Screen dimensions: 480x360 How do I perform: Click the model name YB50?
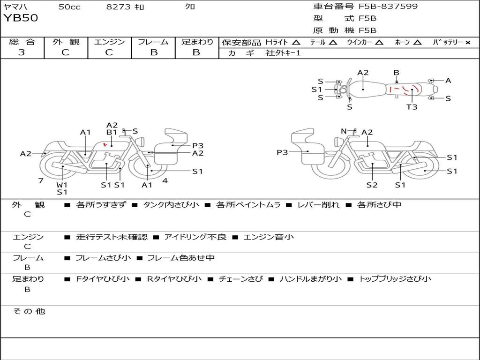click(21, 18)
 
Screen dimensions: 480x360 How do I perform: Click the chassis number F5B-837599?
click(388, 7)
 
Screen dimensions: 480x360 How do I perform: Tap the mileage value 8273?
click(119, 7)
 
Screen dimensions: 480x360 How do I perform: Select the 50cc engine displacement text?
click(69, 7)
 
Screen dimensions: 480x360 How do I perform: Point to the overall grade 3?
click(22, 52)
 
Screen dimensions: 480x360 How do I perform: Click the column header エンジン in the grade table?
click(109, 42)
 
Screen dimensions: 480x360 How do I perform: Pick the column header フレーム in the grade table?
click(153, 42)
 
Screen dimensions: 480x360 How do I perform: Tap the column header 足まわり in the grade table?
click(197, 42)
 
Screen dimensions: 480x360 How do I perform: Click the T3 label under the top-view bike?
click(412, 107)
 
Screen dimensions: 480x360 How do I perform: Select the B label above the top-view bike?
click(396, 73)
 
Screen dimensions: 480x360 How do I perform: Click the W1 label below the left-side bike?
click(62, 185)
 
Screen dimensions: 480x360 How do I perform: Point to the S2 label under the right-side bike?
click(372, 185)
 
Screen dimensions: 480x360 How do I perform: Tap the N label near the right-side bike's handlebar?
click(344, 131)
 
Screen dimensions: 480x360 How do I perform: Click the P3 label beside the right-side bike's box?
click(282, 152)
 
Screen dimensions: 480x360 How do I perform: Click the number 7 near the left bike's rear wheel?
click(41, 180)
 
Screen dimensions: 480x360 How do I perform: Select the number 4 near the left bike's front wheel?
click(165, 180)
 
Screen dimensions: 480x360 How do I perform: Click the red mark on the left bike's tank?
click(105, 144)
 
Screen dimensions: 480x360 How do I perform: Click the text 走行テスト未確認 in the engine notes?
click(112, 237)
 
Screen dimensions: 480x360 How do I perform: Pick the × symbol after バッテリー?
click(467, 42)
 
